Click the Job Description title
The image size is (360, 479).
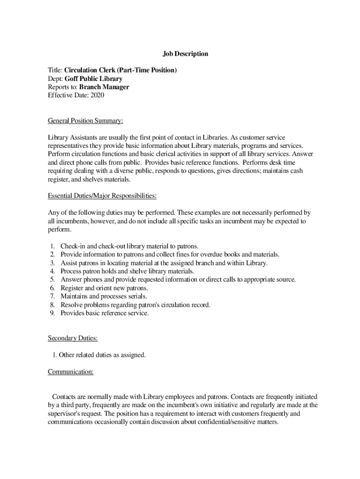(x=185, y=54)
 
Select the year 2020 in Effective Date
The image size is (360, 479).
(x=98, y=95)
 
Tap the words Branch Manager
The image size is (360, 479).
(x=104, y=87)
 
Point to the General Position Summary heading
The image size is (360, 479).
(x=86, y=121)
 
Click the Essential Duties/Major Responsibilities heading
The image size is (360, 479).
(x=102, y=195)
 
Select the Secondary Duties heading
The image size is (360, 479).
(x=72, y=338)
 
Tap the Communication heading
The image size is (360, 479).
(x=71, y=372)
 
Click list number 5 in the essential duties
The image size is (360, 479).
(x=52, y=280)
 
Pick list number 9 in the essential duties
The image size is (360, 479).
(x=52, y=313)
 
